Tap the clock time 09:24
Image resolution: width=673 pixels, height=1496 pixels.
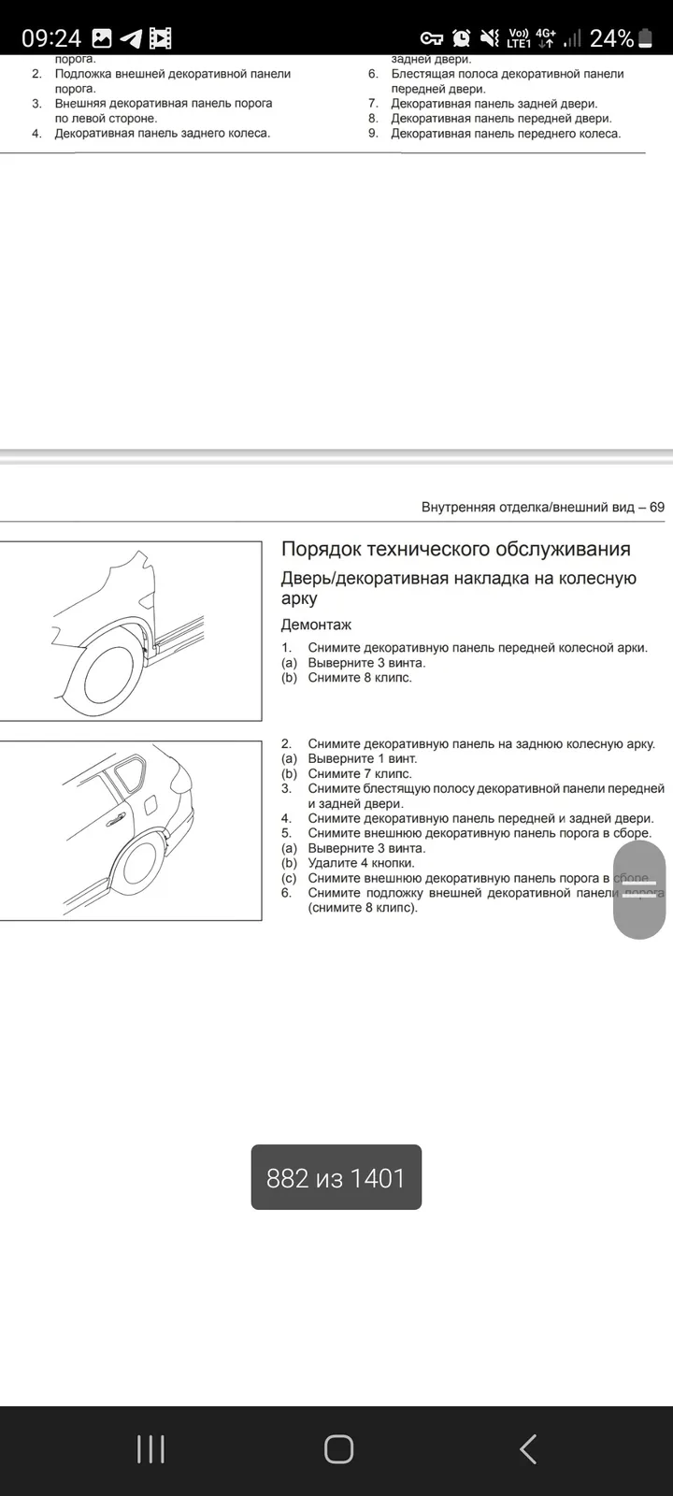[x=50, y=38]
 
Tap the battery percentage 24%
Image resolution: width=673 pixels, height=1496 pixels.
[x=611, y=38]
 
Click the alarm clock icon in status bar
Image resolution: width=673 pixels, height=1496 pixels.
[x=462, y=38]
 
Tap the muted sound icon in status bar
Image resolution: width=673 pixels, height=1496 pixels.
[x=490, y=38]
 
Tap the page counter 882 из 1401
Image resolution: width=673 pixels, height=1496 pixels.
[x=336, y=1178]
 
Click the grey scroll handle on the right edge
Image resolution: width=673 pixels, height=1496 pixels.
[x=639, y=889]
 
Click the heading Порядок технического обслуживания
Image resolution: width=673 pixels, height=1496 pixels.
[x=456, y=549]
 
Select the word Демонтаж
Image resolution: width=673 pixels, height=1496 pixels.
[x=316, y=625]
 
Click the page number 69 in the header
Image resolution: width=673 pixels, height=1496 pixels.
[x=657, y=507]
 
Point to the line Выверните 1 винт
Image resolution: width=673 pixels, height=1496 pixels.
[x=363, y=758]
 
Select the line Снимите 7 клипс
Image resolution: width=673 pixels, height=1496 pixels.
[x=360, y=774]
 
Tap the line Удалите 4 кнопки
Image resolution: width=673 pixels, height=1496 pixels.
[x=361, y=863]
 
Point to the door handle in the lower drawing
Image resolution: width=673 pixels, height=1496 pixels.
[x=116, y=821]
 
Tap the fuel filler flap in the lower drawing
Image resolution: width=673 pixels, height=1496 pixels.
[x=150, y=804]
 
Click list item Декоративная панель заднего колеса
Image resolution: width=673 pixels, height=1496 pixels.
[x=163, y=134]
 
